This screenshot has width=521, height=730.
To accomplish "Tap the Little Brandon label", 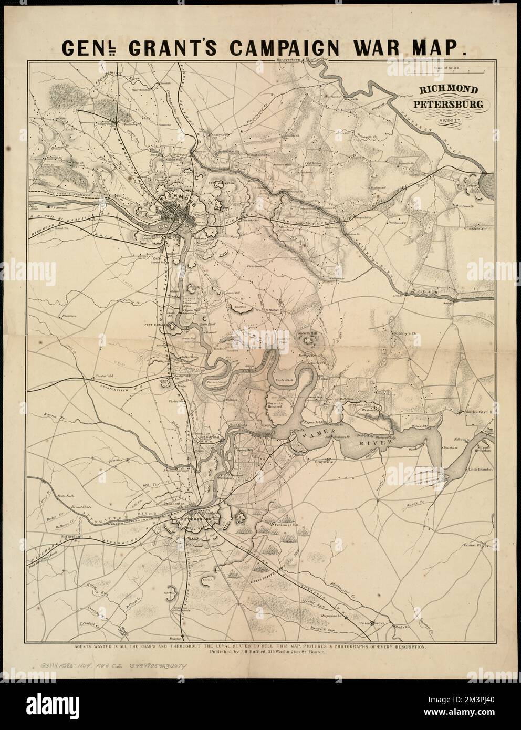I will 480,470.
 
